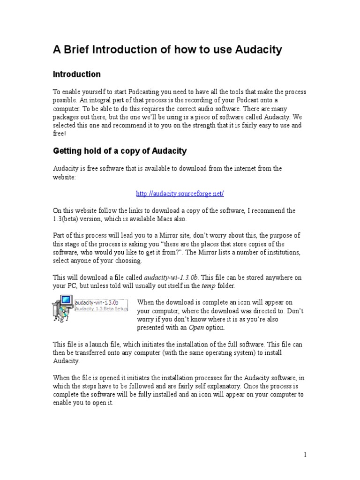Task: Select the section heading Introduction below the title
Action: (76, 74)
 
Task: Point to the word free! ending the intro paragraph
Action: (60, 133)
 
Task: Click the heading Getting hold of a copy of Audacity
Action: (120, 151)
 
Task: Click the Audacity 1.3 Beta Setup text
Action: (101, 309)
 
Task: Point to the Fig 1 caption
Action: (60, 320)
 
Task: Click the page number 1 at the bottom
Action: (305, 455)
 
